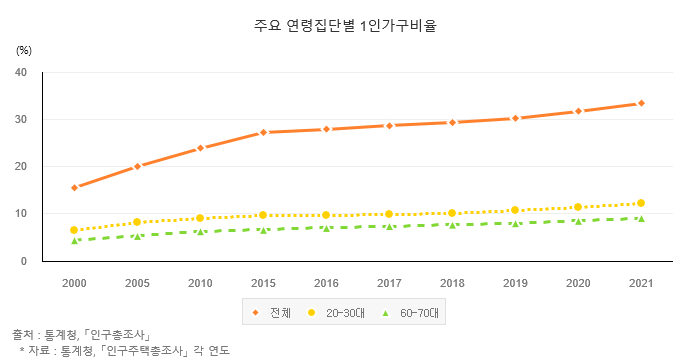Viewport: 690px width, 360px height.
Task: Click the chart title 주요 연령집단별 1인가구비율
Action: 345,26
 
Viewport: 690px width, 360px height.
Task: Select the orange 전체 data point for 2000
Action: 75,187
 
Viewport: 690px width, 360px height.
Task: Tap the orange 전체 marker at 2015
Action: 263,132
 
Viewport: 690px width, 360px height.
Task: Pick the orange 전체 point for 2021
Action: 641,103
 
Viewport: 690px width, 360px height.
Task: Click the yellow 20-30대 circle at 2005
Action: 138,222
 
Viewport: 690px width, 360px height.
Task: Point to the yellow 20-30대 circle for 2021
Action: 641,203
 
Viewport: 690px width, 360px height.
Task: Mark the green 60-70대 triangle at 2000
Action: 75,240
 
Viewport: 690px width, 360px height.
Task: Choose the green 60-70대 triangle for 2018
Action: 452,224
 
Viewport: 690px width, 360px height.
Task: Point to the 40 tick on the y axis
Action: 21,72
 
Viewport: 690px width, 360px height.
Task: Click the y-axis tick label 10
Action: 21,214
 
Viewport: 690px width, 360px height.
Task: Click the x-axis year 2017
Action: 389,283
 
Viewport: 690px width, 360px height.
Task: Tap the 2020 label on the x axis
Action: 578,283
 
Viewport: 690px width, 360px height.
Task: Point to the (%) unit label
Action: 24,49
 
